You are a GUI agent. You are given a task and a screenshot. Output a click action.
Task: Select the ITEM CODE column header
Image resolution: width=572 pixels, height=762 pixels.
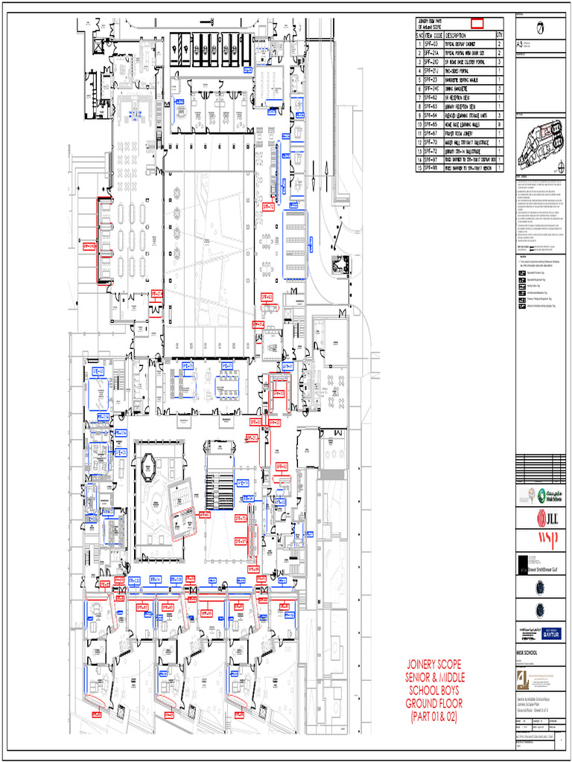(x=433, y=36)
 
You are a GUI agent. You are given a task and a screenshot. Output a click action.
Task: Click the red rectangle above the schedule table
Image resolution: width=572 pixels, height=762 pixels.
(x=476, y=23)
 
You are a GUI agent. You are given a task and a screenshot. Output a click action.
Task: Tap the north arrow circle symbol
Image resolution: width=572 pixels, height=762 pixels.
(x=540, y=28)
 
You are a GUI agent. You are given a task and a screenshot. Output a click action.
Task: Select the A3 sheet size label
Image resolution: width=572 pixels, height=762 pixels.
(x=520, y=45)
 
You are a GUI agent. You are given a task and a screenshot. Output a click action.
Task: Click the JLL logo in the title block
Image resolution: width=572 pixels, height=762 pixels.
(x=539, y=516)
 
